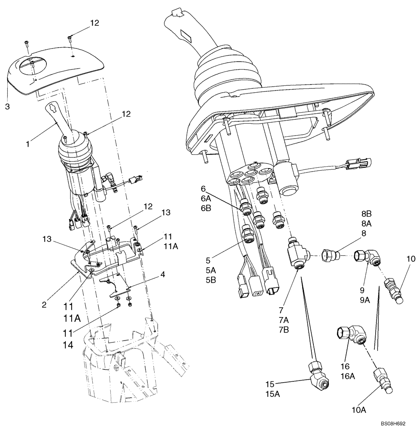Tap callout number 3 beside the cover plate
click(7, 106)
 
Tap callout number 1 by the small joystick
click(28, 144)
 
